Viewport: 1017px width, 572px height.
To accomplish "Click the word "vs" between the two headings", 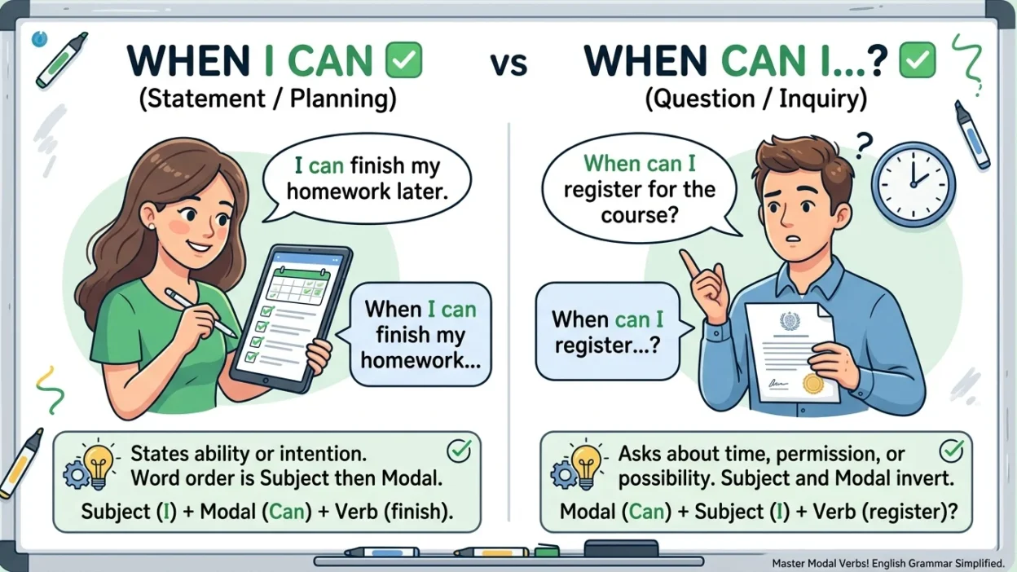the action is click(x=509, y=64).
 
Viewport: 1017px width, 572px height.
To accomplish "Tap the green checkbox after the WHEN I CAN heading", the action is click(x=403, y=59).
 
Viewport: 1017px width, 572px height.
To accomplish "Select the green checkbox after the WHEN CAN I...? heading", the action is click(x=917, y=59).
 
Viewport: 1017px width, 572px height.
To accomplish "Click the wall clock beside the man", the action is click(x=914, y=185).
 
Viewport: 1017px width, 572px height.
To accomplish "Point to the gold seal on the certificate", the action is click(x=812, y=384).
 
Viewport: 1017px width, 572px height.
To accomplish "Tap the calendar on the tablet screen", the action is click(x=297, y=286).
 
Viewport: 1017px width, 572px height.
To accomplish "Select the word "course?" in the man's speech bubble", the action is click(x=640, y=214).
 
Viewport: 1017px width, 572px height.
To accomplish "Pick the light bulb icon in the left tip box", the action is click(x=98, y=466).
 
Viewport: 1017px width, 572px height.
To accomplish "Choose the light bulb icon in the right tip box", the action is click(x=586, y=466).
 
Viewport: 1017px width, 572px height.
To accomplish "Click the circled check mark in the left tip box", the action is click(x=459, y=451).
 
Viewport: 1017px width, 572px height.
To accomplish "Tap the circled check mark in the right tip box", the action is click(x=951, y=451).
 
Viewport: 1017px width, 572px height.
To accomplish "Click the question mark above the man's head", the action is click(x=865, y=145).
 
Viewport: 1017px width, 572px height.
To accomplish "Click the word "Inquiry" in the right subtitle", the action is click(x=823, y=98).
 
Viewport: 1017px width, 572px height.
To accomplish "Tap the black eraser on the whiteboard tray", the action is click(x=621, y=548).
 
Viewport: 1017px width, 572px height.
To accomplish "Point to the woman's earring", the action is click(x=152, y=226).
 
